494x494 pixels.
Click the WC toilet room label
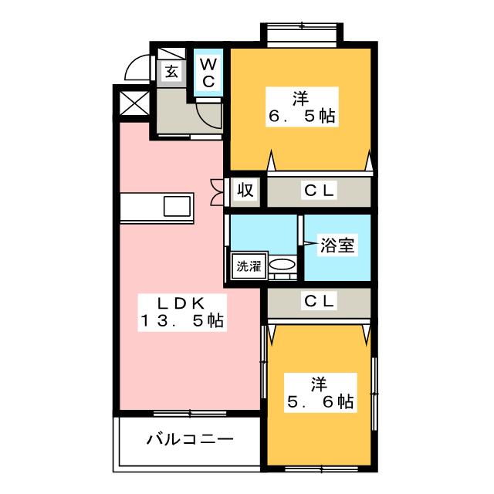click(x=208, y=73)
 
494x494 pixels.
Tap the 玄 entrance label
click(x=171, y=72)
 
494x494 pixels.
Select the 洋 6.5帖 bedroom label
click(x=302, y=107)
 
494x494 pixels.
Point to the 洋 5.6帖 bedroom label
click(x=320, y=393)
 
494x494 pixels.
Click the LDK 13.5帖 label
click(x=182, y=312)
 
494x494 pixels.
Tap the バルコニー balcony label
click(x=190, y=439)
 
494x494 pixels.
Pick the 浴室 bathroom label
click(x=337, y=245)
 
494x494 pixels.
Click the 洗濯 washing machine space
click(x=249, y=266)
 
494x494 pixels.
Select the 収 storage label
click(x=245, y=190)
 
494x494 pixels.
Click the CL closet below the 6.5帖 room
click(x=319, y=191)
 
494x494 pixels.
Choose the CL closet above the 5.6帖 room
click(x=319, y=301)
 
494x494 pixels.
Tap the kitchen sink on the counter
click(x=178, y=206)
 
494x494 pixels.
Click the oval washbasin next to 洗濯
click(x=283, y=264)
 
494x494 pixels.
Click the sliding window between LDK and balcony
click(x=190, y=414)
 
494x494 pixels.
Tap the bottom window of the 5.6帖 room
click(x=321, y=469)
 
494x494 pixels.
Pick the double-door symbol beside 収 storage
click(x=218, y=192)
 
